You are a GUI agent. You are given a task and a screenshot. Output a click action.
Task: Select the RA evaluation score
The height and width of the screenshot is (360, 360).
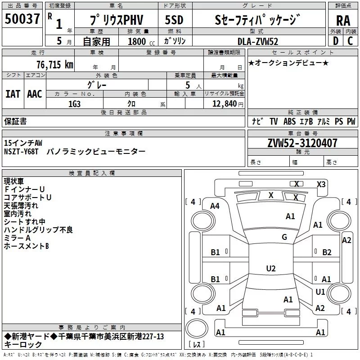343,21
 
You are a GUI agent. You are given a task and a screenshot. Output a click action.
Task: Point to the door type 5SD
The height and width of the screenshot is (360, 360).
174,20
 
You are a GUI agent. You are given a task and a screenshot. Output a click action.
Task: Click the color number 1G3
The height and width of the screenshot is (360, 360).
74,104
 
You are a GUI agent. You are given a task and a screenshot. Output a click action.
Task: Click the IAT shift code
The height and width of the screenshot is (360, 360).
13,94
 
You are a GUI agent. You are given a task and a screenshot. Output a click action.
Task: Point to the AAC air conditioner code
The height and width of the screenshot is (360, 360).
35,94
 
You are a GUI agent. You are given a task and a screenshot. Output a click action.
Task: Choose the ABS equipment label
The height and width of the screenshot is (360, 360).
289,121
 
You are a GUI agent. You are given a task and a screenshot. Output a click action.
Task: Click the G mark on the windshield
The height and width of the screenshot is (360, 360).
284,237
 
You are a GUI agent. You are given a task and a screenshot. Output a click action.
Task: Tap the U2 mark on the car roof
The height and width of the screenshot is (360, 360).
270,269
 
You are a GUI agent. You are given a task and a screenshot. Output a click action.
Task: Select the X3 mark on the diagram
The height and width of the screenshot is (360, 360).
321,184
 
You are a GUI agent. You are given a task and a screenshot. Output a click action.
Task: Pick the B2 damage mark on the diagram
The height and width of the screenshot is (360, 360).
327,252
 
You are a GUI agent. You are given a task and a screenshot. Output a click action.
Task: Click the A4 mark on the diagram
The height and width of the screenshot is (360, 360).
215,206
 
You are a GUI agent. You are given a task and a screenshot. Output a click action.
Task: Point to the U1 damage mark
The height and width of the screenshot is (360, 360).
320,292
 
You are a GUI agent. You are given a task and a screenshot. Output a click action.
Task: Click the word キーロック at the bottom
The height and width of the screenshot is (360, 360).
23,345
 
